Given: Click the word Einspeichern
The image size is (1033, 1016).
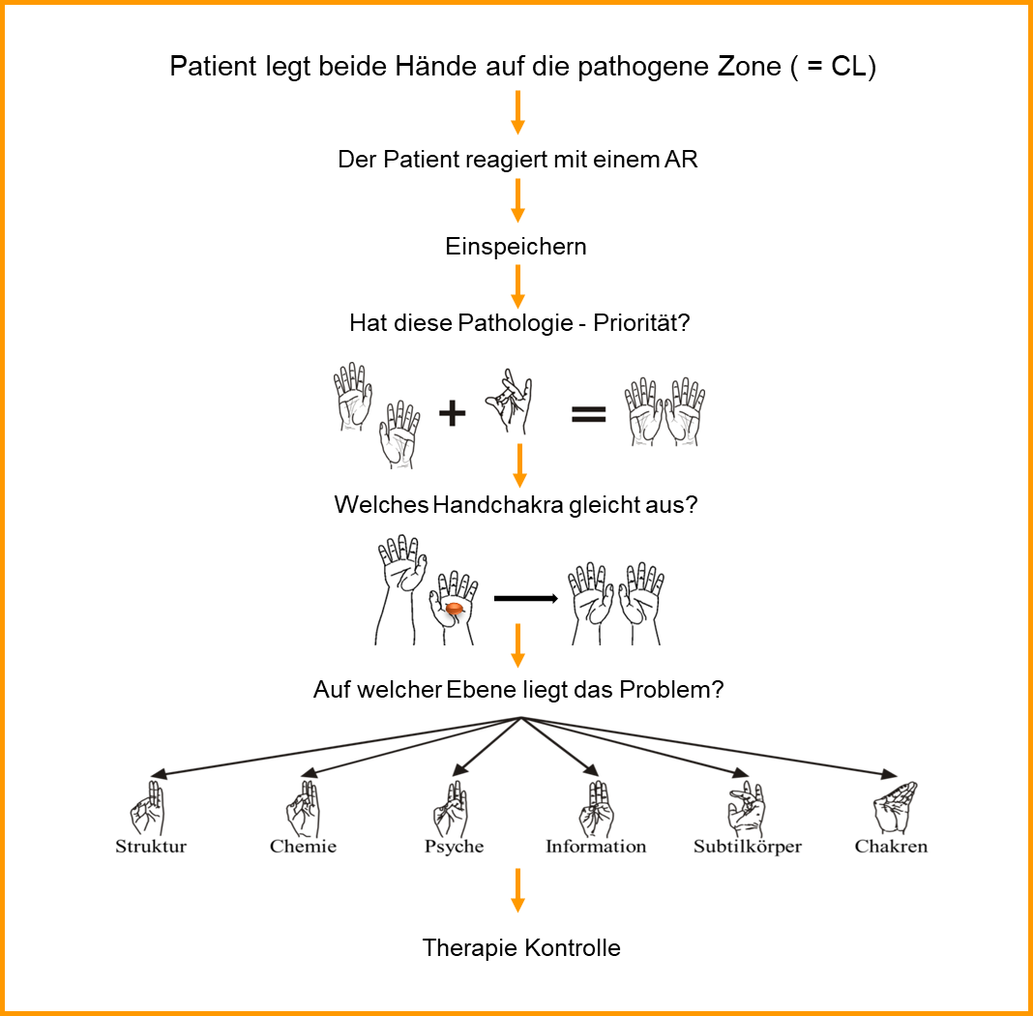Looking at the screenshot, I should [x=516, y=247].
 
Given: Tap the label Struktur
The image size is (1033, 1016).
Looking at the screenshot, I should [x=151, y=847].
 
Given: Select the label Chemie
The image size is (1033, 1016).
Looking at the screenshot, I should [x=303, y=847].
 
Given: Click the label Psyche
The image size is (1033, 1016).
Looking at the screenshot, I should [x=454, y=847].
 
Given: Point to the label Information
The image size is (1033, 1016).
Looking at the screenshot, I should [x=596, y=847].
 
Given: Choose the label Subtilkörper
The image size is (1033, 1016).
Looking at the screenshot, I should [x=748, y=847].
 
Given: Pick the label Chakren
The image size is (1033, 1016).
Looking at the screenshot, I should [x=891, y=847].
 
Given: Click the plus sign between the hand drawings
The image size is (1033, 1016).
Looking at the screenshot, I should [x=452, y=414].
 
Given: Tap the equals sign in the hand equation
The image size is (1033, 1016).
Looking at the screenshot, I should [x=588, y=414].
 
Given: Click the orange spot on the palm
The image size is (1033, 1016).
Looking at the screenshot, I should [x=453, y=609].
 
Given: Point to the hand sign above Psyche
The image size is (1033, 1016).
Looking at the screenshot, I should [x=452, y=808].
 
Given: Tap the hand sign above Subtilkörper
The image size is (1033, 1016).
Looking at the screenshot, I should [x=746, y=809].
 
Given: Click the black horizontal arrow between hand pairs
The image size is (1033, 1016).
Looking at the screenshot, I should [x=526, y=599].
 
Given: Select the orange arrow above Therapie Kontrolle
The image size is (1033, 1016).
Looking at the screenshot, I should [x=517, y=889].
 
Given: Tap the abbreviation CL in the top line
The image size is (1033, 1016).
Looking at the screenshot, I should [x=847, y=68].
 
